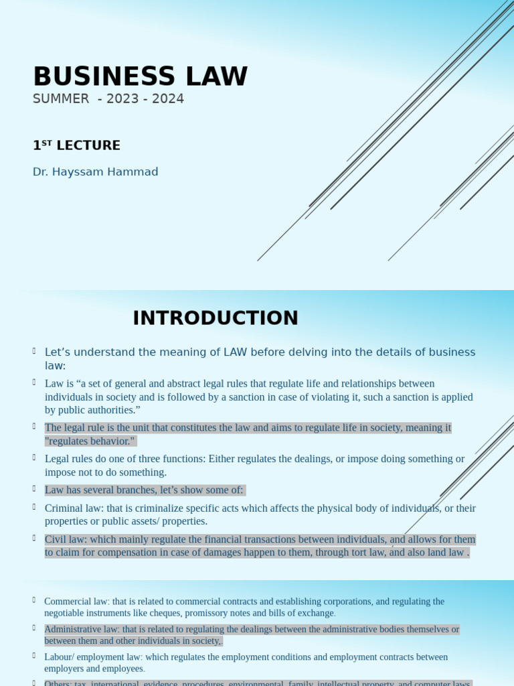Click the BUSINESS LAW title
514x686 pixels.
click(x=140, y=76)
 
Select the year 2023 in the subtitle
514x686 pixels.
click(x=120, y=99)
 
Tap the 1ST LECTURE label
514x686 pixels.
click(x=76, y=145)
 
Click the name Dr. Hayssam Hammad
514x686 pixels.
click(x=95, y=172)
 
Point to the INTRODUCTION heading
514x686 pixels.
click(x=215, y=318)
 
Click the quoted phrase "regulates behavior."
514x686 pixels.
click(x=90, y=441)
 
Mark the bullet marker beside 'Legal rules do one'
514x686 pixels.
click(x=34, y=457)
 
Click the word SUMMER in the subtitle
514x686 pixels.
click(x=61, y=99)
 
